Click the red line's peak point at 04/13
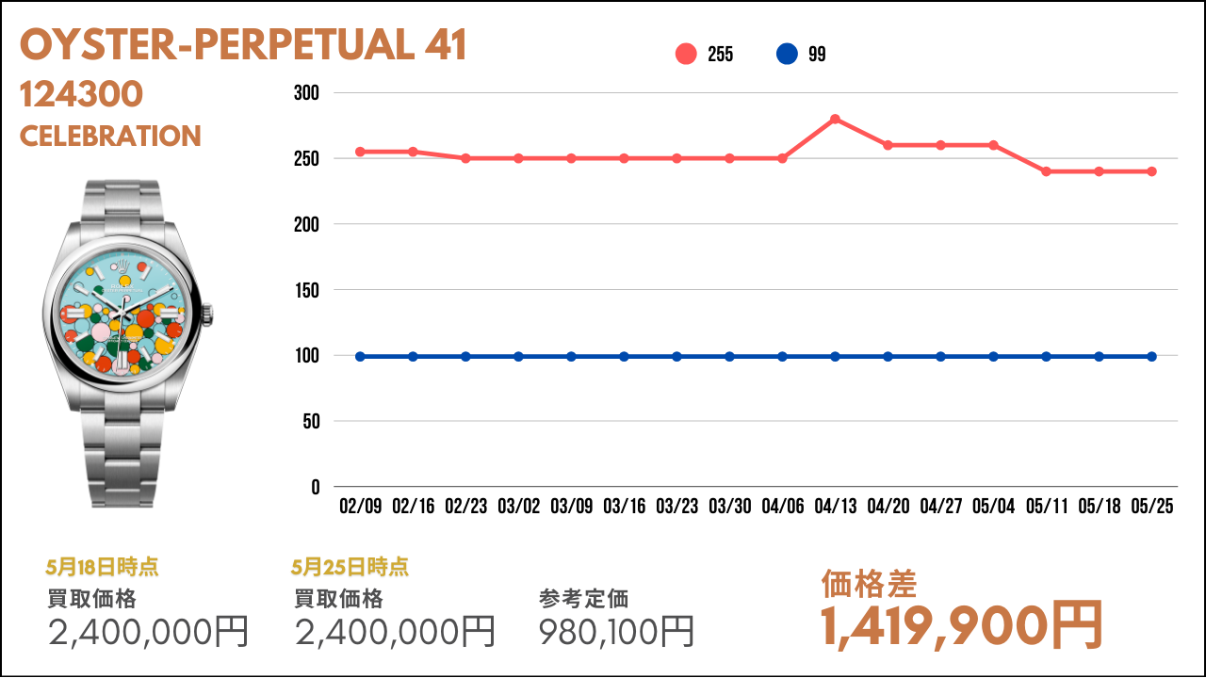pos(835,119)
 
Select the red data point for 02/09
pos(360,152)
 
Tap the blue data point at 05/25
pos(1151,357)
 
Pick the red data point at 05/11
pos(1046,171)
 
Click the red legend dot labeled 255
pos(686,54)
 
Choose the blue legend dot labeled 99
pos(787,54)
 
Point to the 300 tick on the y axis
pos(306,93)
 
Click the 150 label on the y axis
pos(307,291)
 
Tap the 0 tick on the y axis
pos(316,488)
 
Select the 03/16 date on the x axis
pos(624,507)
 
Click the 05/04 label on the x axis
pos(993,507)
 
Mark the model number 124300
pos(81,94)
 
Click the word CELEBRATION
pos(110,137)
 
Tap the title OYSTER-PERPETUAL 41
pos(243,44)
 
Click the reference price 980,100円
pos(616,631)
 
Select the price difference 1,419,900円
pos(962,626)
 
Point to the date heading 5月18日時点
pos(103,567)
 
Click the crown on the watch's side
pos(208,315)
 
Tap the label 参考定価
pos(583,599)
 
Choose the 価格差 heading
pos(869,584)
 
